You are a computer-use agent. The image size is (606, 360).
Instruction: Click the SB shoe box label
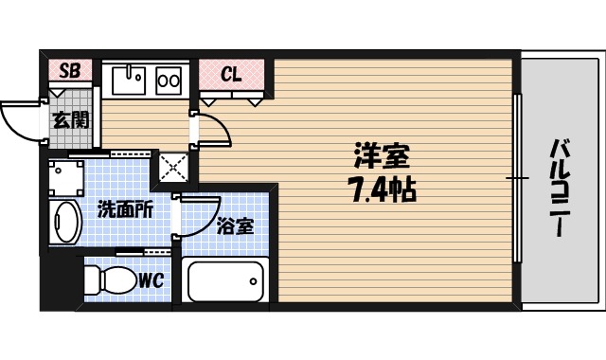69,71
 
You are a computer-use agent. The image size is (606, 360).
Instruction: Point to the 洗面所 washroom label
125,210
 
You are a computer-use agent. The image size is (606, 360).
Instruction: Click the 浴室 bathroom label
234,226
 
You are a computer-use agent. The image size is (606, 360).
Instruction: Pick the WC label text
152,281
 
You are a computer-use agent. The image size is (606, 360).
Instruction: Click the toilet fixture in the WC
109,280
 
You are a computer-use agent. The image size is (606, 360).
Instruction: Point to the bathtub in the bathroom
225,281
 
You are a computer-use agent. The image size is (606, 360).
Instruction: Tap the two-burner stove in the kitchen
169,81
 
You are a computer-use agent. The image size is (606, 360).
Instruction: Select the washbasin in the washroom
64,222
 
